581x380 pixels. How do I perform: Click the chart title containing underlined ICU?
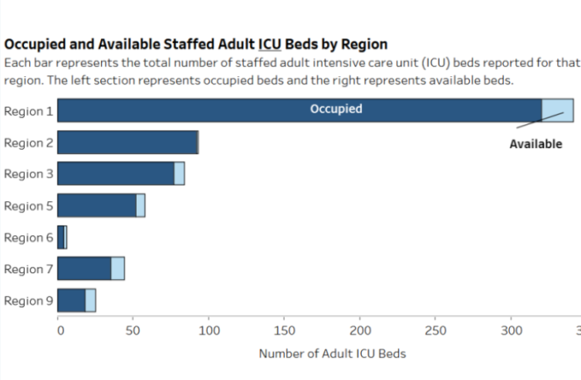click(196, 44)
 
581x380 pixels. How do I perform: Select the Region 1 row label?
click(29, 111)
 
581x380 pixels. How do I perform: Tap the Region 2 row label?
click(29, 142)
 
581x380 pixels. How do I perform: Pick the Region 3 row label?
click(29, 174)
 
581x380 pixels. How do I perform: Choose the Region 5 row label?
click(29, 205)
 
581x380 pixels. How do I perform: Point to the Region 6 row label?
click(29, 238)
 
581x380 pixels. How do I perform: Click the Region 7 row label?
click(29, 269)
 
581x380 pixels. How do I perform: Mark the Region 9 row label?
click(29, 301)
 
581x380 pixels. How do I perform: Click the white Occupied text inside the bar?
click(335, 109)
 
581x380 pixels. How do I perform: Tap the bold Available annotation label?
click(535, 144)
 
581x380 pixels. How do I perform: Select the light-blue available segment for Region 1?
click(557, 110)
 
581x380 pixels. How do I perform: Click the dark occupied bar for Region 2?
click(127, 142)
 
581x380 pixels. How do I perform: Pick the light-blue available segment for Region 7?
click(118, 269)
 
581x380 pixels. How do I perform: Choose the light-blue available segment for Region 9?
click(90, 301)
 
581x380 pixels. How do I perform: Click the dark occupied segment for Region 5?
click(97, 205)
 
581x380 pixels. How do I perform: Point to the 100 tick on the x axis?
click(209, 331)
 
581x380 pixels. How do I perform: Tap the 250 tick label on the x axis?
click(435, 331)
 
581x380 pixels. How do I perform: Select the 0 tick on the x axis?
click(60, 331)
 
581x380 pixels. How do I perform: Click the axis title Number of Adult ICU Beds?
click(332, 354)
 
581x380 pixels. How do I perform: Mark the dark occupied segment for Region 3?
click(116, 174)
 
